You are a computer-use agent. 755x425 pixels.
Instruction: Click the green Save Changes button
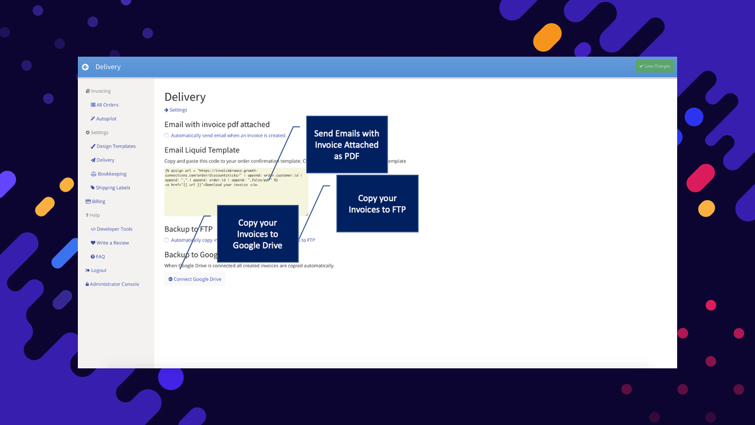point(655,66)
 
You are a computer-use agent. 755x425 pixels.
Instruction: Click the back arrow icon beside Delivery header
point(86,67)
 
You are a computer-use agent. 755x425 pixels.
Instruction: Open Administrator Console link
point(114,284)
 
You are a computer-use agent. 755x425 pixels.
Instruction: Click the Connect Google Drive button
point(195,279)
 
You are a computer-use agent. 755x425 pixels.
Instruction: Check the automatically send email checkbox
point(166,136)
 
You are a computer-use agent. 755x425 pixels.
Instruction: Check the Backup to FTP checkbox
point(166,240)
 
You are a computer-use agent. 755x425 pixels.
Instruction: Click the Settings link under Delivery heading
point(178,110)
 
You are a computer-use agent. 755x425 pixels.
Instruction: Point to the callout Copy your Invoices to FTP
point(377,204)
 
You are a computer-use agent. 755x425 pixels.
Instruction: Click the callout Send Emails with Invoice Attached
point(346,145)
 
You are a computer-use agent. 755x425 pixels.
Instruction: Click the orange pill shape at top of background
point(547,37)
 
